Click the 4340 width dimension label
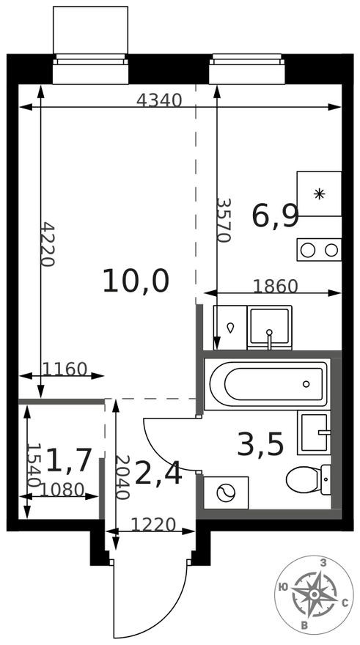(159, 101)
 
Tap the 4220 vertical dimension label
(47, 244)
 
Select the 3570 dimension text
(224, 220)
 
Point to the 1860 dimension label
(275, 286)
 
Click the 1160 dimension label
(65, 369)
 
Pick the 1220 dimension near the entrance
(153, 525)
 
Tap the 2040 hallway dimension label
(123, 477)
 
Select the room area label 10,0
(136, 281)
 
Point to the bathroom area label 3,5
(260, 444)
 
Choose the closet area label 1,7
(69, 460)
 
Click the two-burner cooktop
(319, 250)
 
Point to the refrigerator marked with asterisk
(319, 193)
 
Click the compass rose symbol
(314, 594)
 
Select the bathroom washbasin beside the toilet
(315, 432)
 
